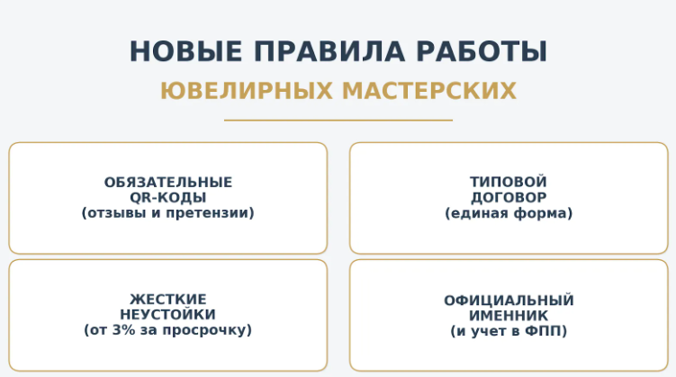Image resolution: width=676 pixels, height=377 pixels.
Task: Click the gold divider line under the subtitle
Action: click(x=338, y=120)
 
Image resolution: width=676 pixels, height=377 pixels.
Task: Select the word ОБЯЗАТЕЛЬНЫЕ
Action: click(x=167, y=182)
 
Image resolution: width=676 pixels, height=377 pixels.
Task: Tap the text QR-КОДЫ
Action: click(x=167, y=197)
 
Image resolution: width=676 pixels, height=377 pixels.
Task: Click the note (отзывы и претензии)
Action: click(x=167, y=213)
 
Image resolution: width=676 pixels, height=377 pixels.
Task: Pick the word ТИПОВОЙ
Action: click(x=508, y=182)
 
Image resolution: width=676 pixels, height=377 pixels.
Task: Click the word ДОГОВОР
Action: click(x=508, y=197)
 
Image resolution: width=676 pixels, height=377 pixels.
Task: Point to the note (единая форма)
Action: click(x=508, y=213)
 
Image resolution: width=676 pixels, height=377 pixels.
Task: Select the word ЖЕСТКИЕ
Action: click(x=167, y=299)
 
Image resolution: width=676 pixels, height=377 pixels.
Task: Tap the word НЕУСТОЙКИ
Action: click(x=167, y=314)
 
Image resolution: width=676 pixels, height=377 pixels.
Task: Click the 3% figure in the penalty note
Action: click(x=122, y=330)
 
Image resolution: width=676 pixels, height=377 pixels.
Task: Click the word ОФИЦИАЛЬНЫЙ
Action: click(x=508, y=301)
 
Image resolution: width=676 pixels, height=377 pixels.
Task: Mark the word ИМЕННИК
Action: click(x=508, y=316)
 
